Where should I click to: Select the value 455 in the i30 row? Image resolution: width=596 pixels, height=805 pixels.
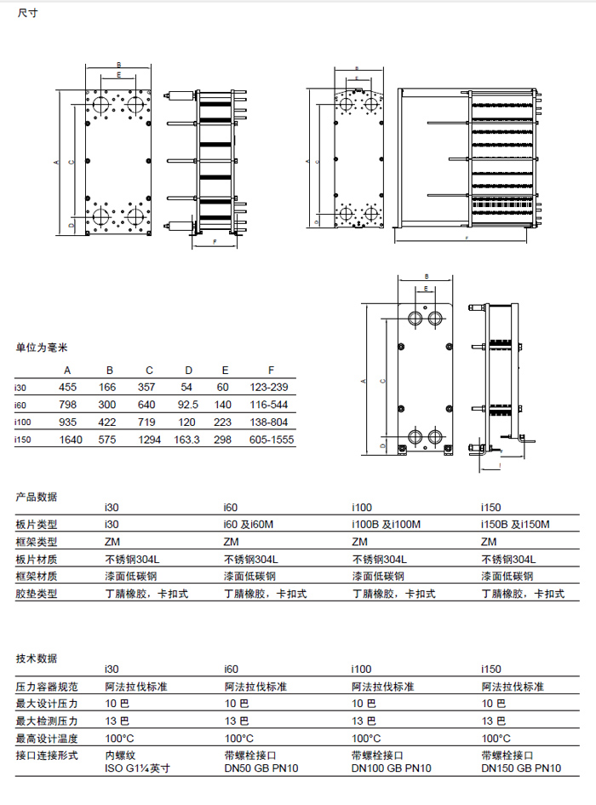tap(67, 388)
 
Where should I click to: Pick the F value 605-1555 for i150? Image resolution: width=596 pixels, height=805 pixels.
tap(271, 440)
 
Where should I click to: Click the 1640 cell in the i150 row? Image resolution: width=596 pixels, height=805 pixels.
tap(67, 440)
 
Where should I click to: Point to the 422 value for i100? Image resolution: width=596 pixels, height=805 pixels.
tap(109, 423)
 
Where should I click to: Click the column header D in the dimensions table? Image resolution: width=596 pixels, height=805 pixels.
tap(188, 371)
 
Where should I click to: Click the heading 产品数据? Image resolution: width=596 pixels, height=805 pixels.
tap(37, 497)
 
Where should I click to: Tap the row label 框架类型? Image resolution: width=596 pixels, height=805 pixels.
tap(37, 542)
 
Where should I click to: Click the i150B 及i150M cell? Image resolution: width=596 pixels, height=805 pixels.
tap(516, 524)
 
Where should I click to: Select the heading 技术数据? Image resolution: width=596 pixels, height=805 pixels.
tap(37, 658)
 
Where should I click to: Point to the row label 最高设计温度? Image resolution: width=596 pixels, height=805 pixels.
tap(47, 738)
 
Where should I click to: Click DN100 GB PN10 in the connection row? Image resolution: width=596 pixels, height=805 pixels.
tap(392, 768)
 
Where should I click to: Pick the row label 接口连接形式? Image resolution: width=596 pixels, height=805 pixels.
tap(47, 756)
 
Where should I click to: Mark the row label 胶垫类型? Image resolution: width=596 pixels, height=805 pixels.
tap(37, 594)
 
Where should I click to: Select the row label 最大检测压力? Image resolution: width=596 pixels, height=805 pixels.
tap(47, 721)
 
